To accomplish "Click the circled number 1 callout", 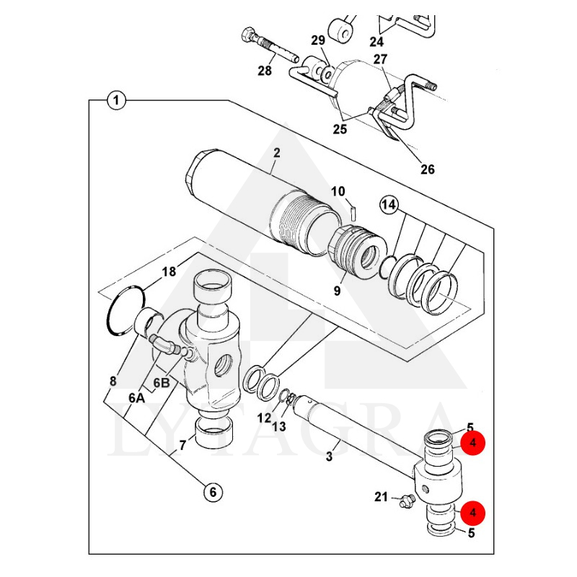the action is pos(116,100).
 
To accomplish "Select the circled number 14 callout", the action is pos(389,205).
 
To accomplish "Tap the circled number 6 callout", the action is pos(213,492).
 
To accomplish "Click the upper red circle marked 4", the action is pos(473,442).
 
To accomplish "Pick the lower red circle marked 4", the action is pos(473,512).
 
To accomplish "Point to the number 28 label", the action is pos(265,71).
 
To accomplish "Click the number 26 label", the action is pos(428,169).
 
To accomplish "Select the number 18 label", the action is pos(169,272).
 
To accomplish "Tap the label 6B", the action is pos(161,383).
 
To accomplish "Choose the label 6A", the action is pos(136,398).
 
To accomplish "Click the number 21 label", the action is pos(382,497).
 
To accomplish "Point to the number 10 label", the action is pos(338,191).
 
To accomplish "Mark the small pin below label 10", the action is pos(353,213).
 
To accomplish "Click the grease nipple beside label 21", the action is pos(408,501).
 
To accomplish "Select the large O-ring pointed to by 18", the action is pos(125,311).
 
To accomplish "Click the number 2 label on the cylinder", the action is pos(277,153).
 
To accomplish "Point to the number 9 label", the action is pos(337,291).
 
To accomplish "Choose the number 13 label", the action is pos(279,426).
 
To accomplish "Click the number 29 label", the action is pos(318,40).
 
